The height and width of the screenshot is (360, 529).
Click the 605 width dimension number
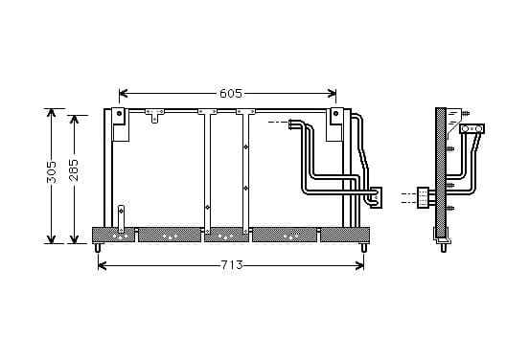click(231, 94)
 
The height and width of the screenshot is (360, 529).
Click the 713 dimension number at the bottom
click(232, 265)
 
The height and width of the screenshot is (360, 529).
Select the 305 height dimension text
click(52, 172)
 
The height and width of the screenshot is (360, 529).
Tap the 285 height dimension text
click(74, 170)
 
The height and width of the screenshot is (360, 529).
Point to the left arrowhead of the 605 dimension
click(124, 94)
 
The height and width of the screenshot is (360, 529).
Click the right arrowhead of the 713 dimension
click(359, 265)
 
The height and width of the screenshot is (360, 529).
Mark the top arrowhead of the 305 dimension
click(51, 113)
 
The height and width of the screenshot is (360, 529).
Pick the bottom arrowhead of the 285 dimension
click(74, 238)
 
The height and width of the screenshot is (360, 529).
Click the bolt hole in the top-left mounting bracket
click(119, 113)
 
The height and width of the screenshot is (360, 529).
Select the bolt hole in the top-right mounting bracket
click(335, 113)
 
